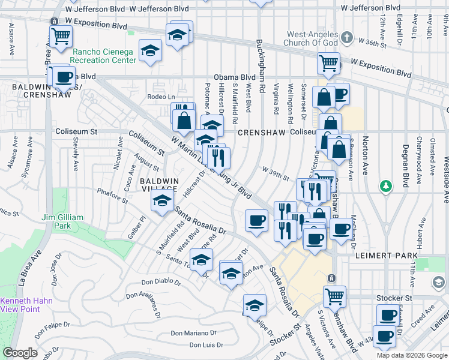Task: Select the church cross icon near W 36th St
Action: click(x=346, y=38)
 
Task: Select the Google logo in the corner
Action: click(x=20, y=353)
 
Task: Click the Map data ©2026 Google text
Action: click(x=411, y=355)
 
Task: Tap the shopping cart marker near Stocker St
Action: click(x=334, y=296)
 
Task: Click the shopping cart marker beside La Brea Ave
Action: click(x=61, y=36)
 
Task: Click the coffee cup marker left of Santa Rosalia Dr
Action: click(x=256, y=220)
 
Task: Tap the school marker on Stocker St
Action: click(x=255, y=305)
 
